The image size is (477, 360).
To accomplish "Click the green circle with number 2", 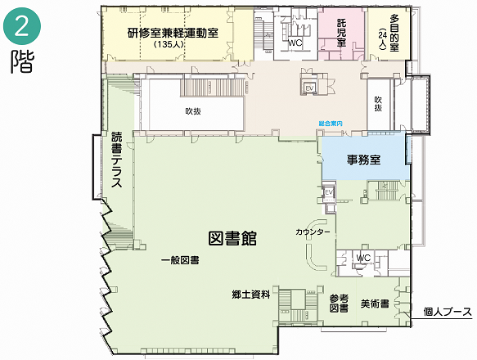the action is tap(22, 26).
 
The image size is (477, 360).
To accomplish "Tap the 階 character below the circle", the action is tap(23, 61).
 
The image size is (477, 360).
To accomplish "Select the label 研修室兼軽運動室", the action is tap(173, 33).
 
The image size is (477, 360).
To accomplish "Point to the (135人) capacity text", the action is tap(169, 44).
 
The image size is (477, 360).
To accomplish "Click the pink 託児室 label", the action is tap(342, 33).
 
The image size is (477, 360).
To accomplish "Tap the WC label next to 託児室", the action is tap(295, 43).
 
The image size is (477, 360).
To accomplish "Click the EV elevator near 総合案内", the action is tap(310, 88).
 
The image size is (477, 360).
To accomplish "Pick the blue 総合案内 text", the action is tap(331, 124).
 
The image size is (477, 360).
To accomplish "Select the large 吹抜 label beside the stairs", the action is tap(193, 111).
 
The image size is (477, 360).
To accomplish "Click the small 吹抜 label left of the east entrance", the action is tap(378, 104).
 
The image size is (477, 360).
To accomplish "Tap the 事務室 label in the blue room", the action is tap(364, 160).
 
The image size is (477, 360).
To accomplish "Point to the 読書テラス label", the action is tap(116, 160).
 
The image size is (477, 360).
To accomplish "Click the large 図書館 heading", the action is tap(232, 238).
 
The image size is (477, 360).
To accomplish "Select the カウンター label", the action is tap(313, 232).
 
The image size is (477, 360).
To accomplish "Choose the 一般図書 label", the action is tap(180, 260).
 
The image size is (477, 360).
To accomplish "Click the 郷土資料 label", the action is tap(251, 295).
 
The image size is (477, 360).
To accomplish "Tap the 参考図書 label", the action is tap(339, 304).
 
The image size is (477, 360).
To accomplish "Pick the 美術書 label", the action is tap(375, 304).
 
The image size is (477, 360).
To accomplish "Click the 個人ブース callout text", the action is tap(448, 312).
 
